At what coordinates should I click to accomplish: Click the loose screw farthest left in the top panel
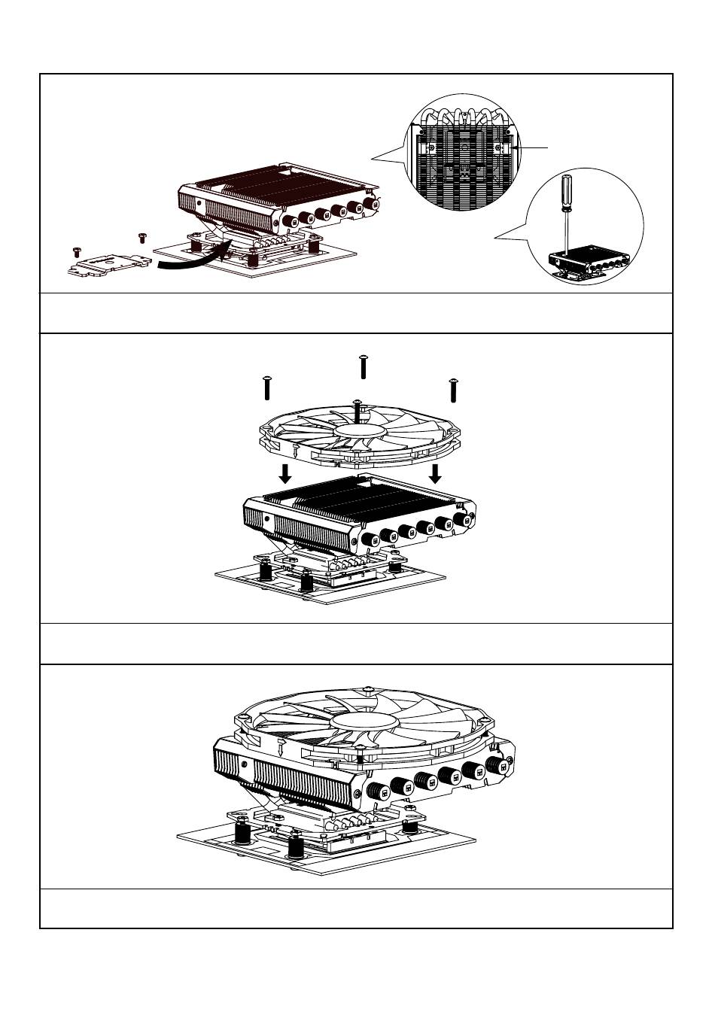[75, 250]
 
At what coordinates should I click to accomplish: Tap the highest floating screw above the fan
[364, 366]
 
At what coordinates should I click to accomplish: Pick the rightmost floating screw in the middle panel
[454, 390]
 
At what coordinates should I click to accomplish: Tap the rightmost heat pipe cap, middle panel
[461, 520]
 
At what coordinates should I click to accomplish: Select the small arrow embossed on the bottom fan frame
[280, 748]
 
